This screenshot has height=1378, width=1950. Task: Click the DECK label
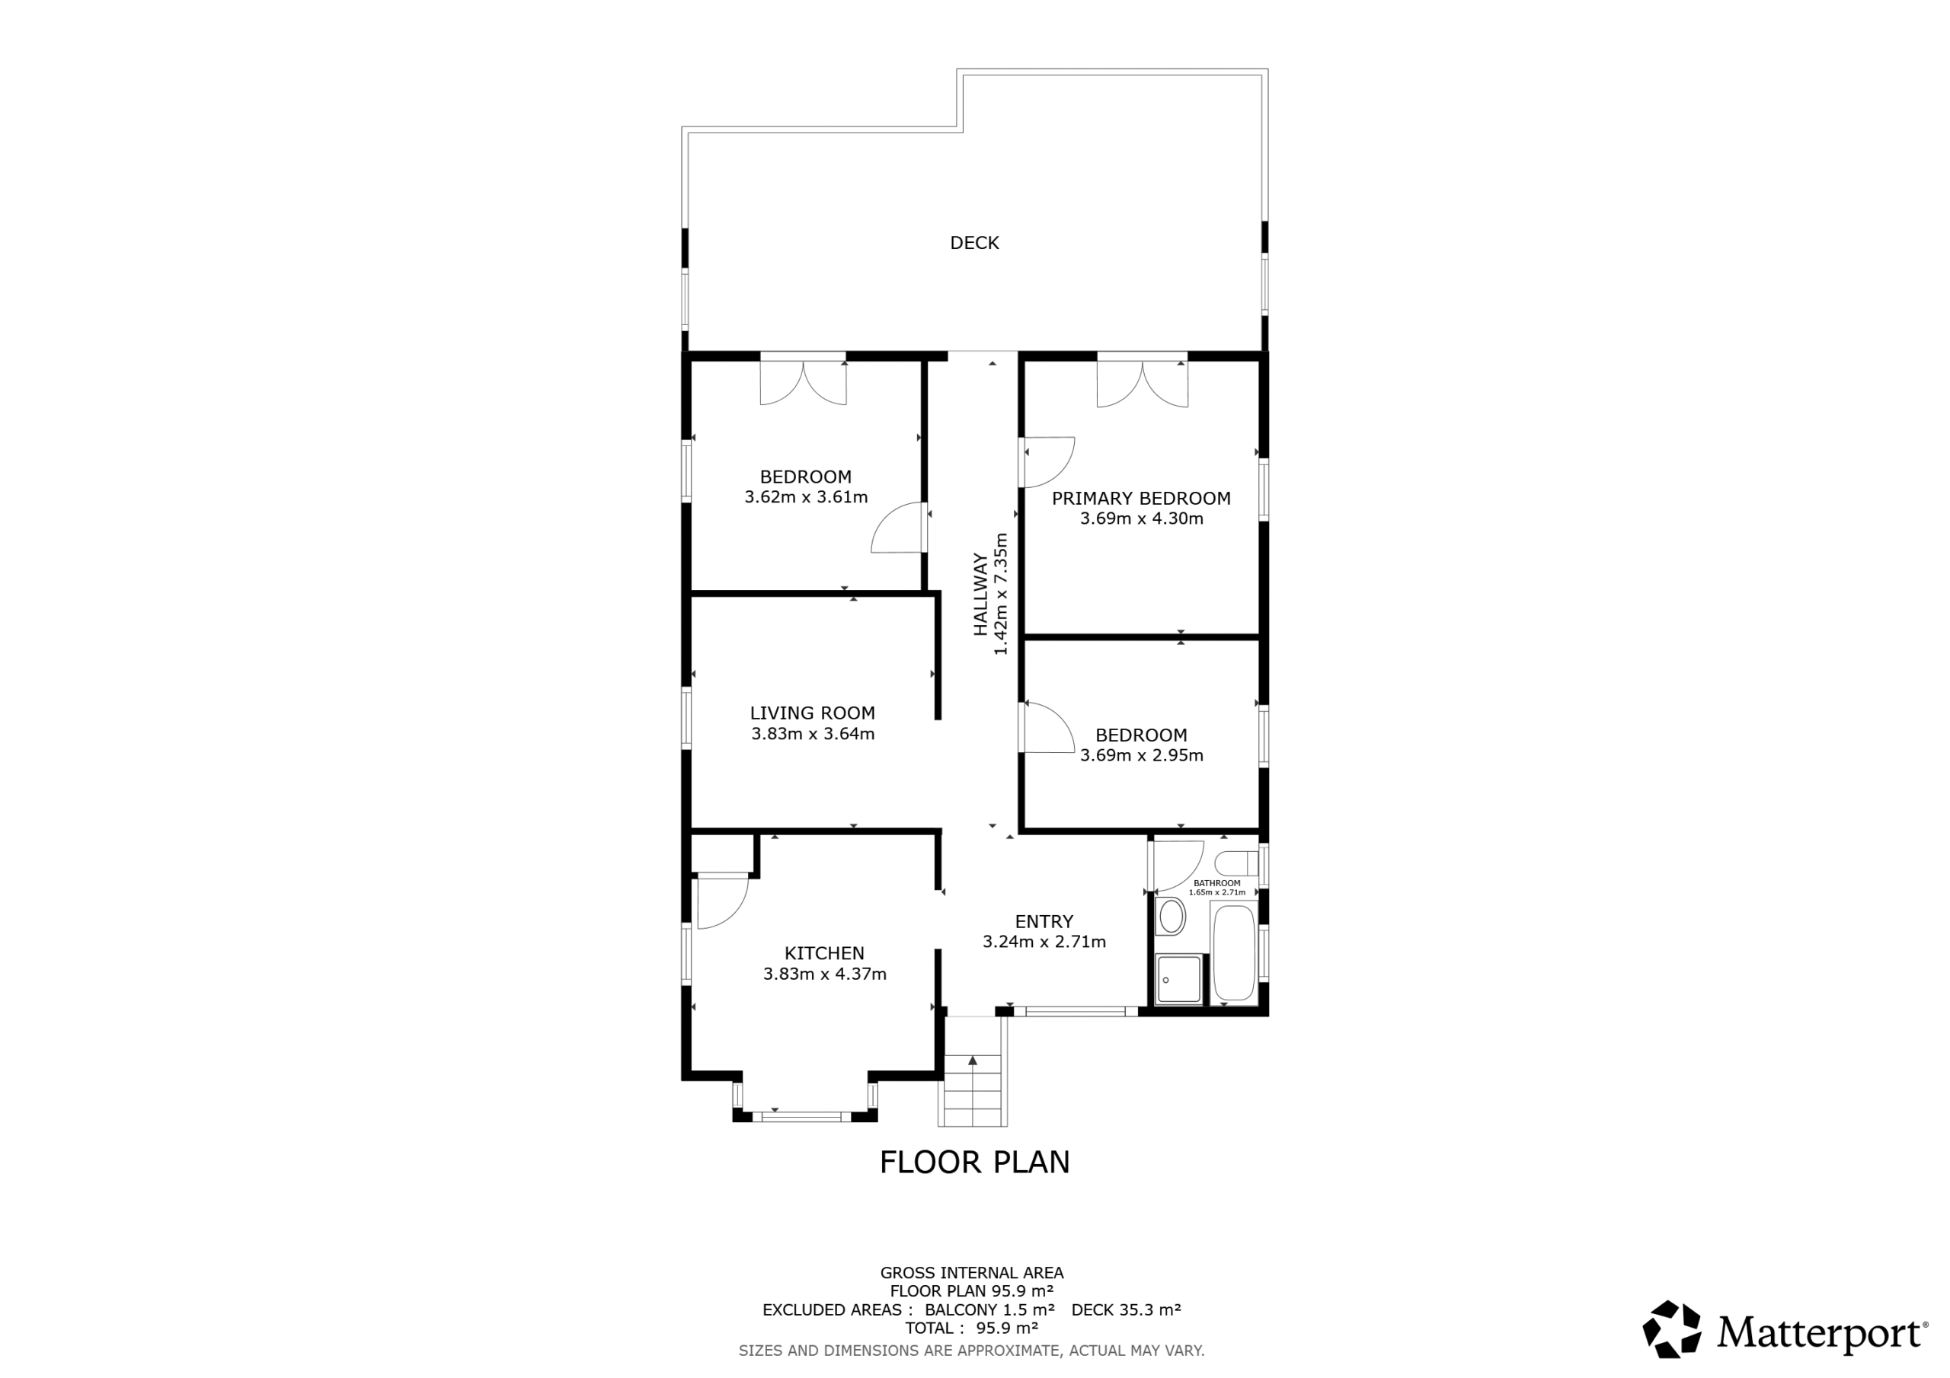pos(974,243)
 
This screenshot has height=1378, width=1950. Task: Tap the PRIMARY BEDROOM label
pos(1140,499)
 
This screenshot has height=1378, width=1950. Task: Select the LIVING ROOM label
pos(812,713)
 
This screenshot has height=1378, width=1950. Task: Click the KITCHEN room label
pos(824,953)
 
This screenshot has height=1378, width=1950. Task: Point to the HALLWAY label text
pos(981,595)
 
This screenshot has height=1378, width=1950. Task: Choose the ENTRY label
pos(1044,921)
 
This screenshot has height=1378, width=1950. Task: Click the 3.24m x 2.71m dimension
pos(1044,942)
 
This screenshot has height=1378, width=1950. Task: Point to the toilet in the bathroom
pos(1236,864)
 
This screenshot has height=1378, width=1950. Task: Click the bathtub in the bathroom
pos(1234,953)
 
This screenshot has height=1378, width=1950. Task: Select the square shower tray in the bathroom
pos(1179,980)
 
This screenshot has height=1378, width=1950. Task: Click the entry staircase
pos(973,1071)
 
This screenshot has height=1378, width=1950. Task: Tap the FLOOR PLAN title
pos(974,1163)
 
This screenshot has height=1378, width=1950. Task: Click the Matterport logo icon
pos(1671,1329)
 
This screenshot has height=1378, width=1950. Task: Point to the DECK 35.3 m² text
pos(1126,1310)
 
